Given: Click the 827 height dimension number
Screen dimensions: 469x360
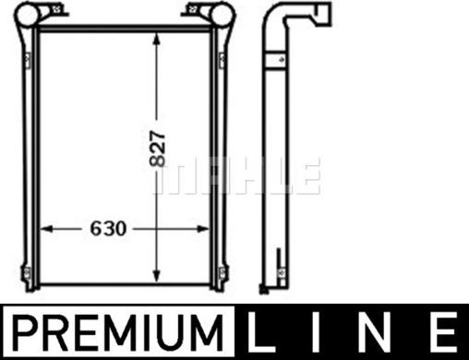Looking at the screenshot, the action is tap(157, 149).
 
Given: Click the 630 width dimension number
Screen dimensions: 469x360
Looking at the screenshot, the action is tap(108, 229).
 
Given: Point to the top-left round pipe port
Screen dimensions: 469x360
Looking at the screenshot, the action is tap(28, 14).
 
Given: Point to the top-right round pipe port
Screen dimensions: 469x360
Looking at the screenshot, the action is tap(222, 14).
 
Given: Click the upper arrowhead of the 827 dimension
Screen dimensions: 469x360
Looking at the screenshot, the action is tap(157, 40).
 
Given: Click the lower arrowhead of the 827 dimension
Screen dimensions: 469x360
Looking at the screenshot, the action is tap(157, 275).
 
